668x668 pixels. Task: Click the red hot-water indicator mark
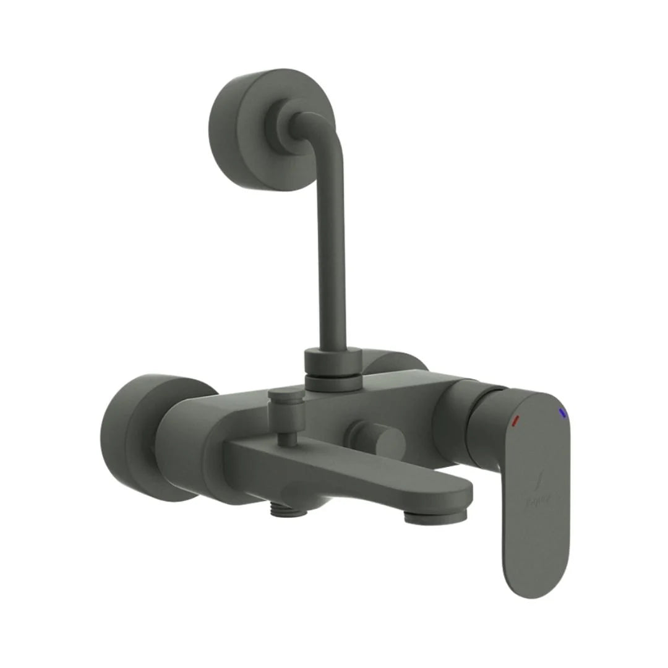pos(516,421)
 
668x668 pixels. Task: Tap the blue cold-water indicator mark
pos(562,413)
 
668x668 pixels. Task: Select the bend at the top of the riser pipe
pos(322,133)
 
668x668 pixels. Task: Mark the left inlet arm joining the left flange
pos(186,442)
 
